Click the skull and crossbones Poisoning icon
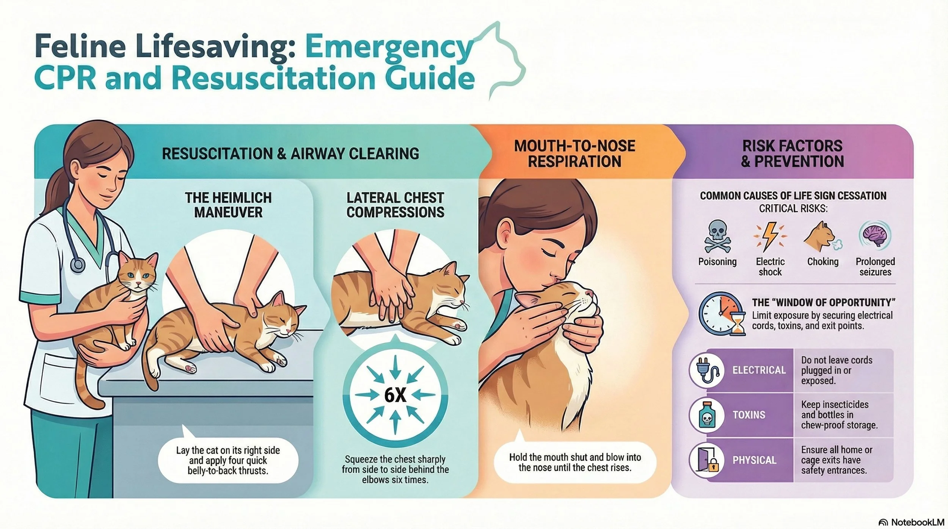[x=717, y=236]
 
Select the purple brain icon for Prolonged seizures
[x=875, y=235]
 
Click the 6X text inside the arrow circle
[x=395, y=395]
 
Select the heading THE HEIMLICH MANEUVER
[x=228, y=205]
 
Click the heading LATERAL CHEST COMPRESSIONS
[x=395, y=205]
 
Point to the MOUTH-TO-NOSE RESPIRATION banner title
[x=574, y=154]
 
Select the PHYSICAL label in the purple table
[x=754, y=460]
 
